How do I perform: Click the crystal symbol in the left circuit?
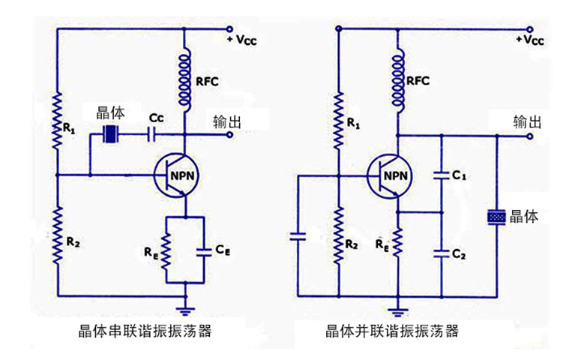pyautogui.click(x=112, y=135)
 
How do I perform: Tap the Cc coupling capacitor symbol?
pyautogui.click(x=153, y=135)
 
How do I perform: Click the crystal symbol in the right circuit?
pyautogui.click(x=497, y=217)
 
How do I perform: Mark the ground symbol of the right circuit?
pyautogui.click(x=397, y=307)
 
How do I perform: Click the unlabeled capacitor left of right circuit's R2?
pyautogui.click(x=298, y=237)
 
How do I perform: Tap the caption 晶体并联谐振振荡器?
pyautogui.click(x=391, y=331)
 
